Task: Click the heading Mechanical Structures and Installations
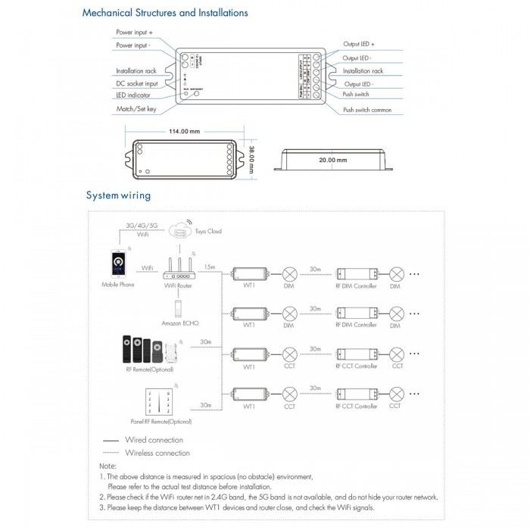tap(164, 13)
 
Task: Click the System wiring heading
tap(118, 195)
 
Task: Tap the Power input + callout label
tap(134, 33)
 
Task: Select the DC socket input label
tap(137, 83)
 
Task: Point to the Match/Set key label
tap(136, 109)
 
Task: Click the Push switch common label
tap(367, 110)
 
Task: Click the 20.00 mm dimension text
tap(332, 161)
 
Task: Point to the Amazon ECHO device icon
tap(179, 310)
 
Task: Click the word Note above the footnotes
tap(108, 466)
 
